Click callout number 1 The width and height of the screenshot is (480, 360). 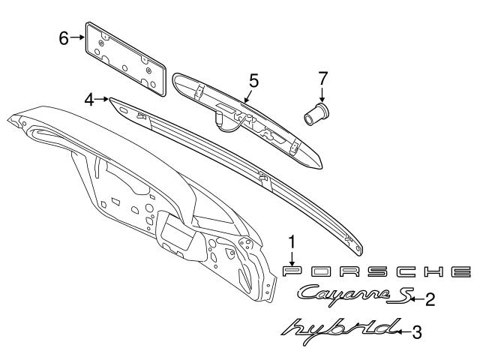click(292, 241)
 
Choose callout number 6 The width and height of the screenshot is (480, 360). click(64, 36)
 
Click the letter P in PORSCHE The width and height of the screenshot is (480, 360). click(292, 271)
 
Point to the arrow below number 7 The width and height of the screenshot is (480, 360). click(322, 94)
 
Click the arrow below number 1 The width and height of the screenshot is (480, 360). click(292, 256)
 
